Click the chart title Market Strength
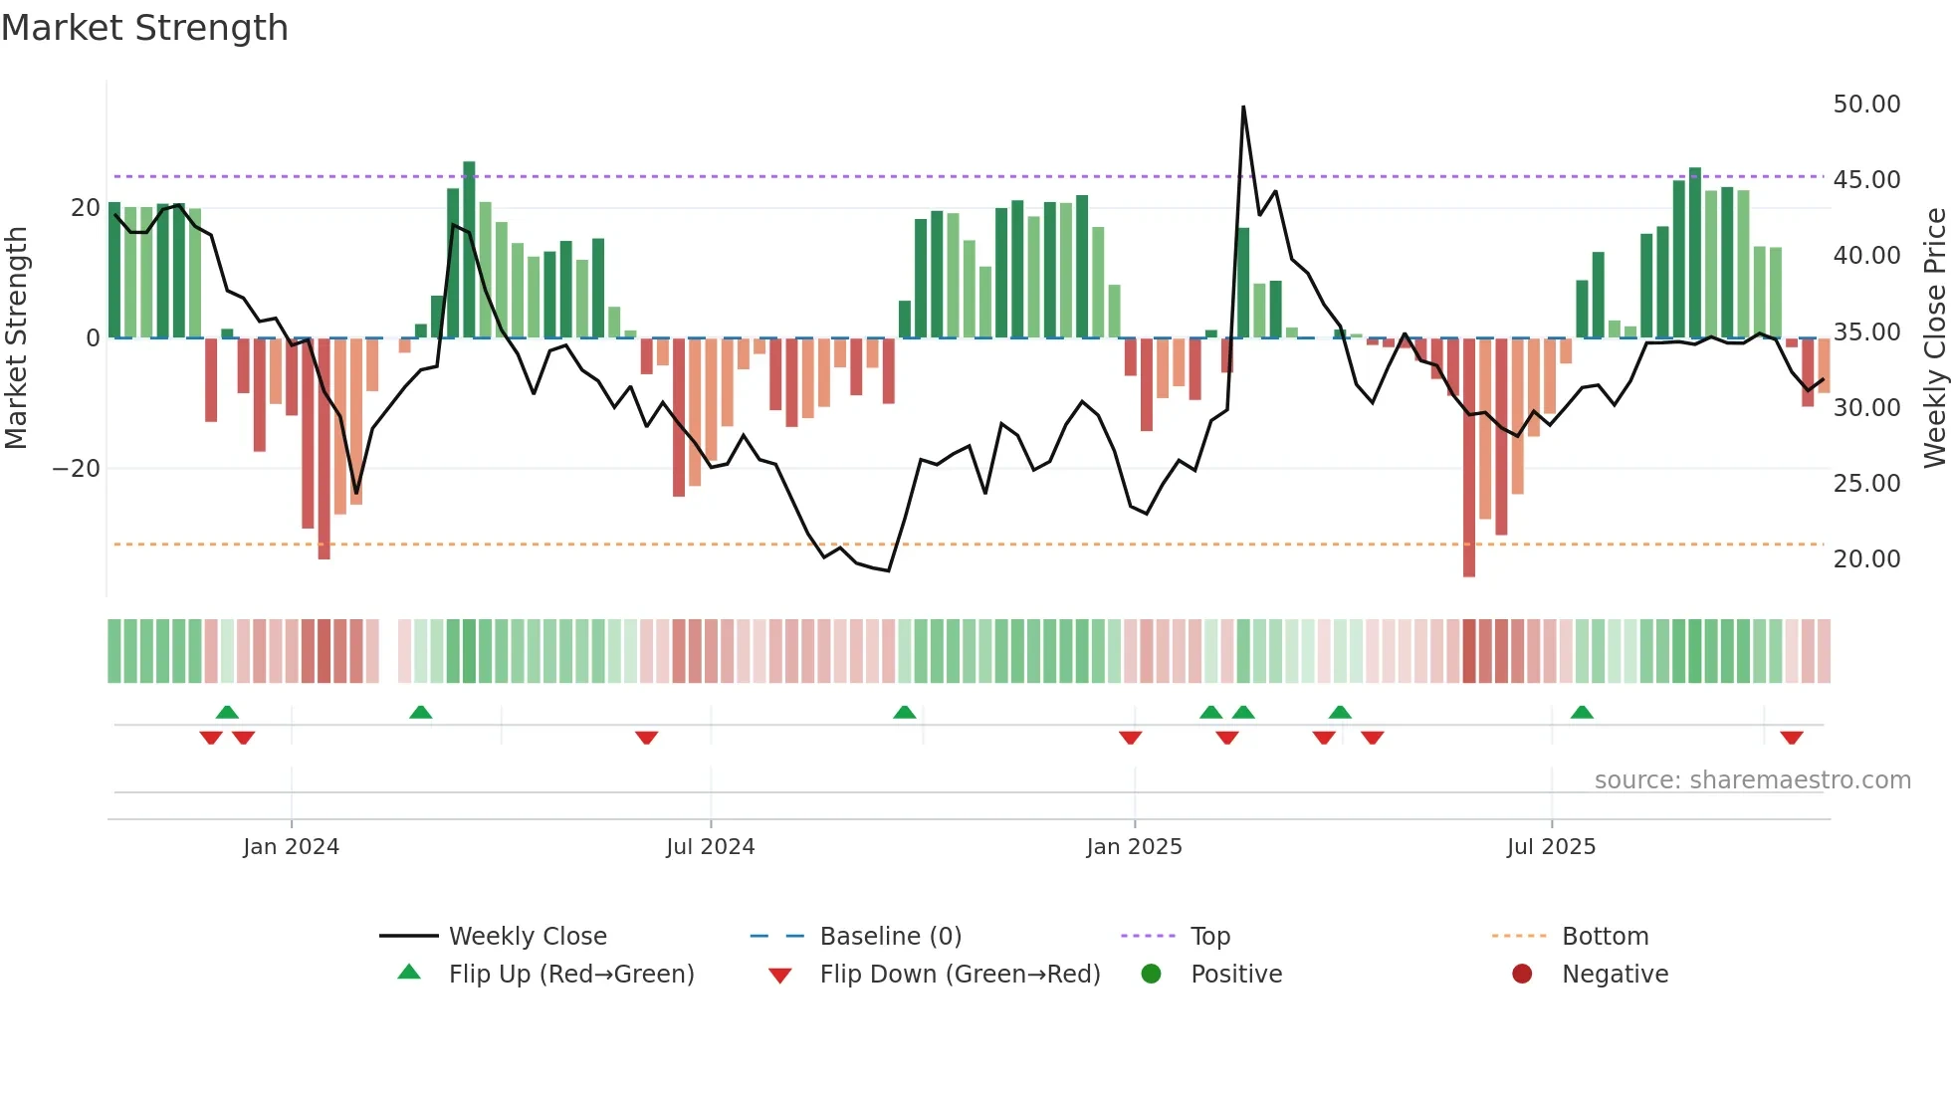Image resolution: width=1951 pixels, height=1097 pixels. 144,28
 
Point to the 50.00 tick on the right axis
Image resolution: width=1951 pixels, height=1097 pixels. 1866,105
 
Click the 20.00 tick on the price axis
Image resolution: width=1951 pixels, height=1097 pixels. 1866,559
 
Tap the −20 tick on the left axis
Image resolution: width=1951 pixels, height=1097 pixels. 77,469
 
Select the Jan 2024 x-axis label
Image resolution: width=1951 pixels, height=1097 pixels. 291,847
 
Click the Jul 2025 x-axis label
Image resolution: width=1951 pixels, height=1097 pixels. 1551,847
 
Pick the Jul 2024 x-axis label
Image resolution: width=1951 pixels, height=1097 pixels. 710,847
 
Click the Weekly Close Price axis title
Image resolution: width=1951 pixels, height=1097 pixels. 1934,338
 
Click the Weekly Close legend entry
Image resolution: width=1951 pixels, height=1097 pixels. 527,937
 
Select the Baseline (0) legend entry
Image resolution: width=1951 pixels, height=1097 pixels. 890,937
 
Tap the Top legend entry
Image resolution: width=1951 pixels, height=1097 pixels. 1209,937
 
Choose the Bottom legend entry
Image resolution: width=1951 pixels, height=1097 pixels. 1605,937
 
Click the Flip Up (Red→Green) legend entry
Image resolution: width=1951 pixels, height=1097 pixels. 570,975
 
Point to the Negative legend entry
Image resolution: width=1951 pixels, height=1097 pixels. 1614,975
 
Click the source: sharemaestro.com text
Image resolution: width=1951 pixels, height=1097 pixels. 1752,780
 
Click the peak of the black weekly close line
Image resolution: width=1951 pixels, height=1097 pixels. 1243,108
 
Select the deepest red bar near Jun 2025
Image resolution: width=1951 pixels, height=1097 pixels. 1469,458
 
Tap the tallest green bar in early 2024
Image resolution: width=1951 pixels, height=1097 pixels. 469,249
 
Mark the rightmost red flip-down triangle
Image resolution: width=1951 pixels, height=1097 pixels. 1792,738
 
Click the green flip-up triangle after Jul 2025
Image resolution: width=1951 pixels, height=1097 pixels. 1582,712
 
